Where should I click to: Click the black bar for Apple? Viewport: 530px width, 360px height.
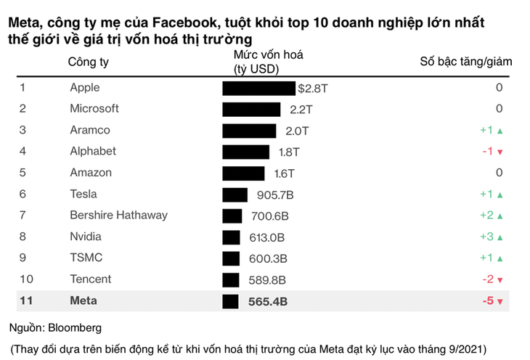click(x=259, y=89)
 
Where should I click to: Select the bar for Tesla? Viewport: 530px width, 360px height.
click(x=235, y=195)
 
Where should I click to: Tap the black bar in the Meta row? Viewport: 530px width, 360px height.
click(x=230, y=301)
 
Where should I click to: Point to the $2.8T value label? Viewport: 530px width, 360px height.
click(x=314, y=89)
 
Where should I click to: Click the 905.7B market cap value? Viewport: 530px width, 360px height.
click(x=273, y=195)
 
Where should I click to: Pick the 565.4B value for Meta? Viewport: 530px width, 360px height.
click(x=266, y=301)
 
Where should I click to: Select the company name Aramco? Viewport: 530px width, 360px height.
click(x=90, y=131)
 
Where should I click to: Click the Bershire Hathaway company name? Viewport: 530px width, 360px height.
click(x=118, y=216)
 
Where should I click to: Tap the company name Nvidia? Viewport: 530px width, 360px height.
click(x=86, y=237)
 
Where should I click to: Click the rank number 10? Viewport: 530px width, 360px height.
click(x=25, y=279)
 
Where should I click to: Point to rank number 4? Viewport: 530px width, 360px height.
click(x=23, y=152)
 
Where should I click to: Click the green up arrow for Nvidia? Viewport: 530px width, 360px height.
click(x=500, y=237)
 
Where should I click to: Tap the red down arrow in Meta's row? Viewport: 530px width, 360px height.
click(x=500, y=302)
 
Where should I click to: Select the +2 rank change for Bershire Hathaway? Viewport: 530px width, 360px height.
click(x=486, y=216)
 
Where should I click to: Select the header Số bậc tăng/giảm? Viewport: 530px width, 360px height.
click(x=465, y=62)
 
